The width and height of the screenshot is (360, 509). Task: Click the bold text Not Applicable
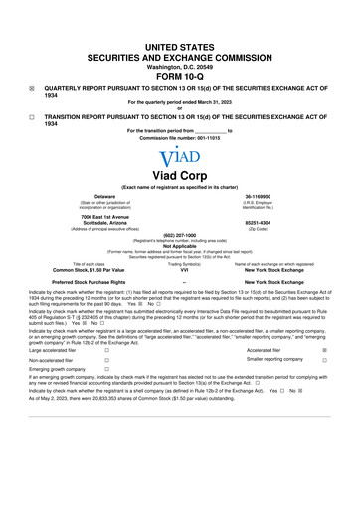(179, 247)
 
